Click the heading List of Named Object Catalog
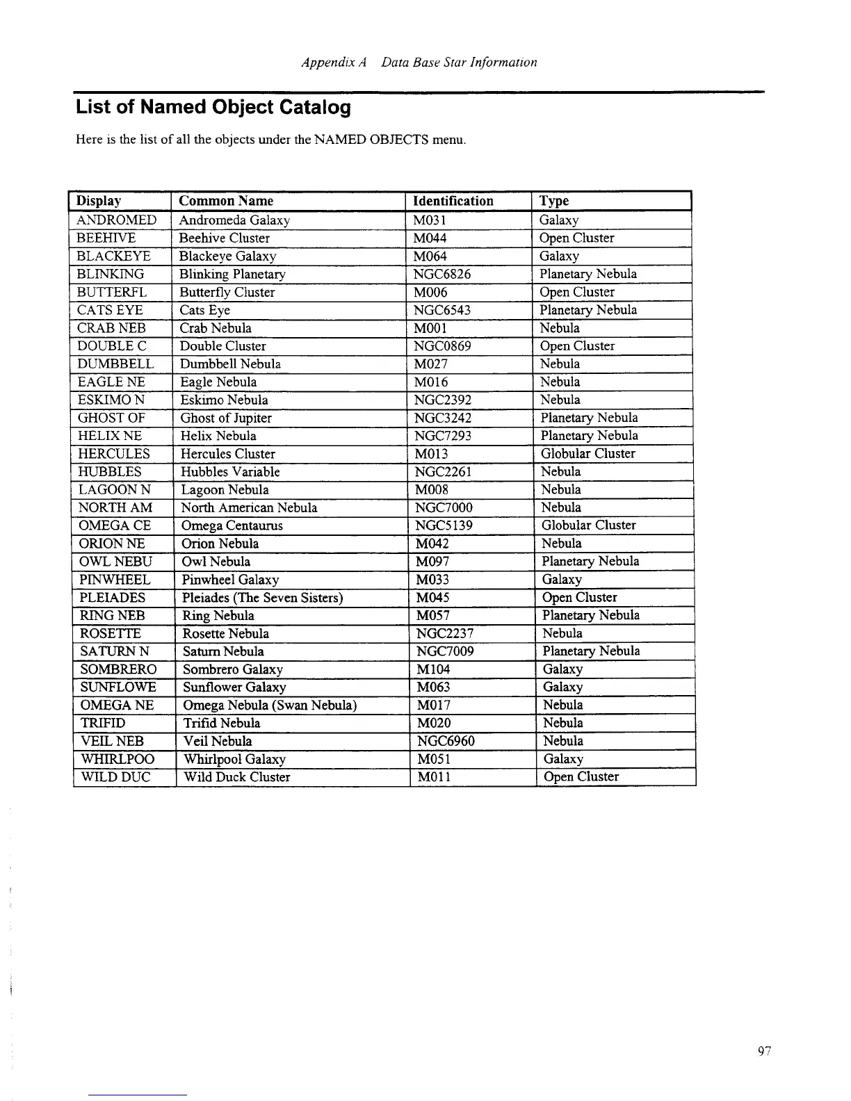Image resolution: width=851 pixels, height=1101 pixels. click(213, 108)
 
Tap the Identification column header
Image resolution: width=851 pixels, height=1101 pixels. click(453, 201)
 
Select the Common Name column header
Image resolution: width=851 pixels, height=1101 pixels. click(226, 201)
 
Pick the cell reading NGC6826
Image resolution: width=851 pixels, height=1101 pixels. click(442, 274)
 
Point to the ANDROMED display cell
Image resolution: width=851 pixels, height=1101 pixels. click(117, 220)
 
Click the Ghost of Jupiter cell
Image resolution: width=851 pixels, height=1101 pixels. click(226, 418)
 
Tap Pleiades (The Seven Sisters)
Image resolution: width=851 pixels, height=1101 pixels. click(262, 598)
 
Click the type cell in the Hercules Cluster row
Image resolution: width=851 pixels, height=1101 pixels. click(588, 454)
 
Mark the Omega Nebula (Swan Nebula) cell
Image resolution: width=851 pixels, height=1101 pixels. click(270, 706)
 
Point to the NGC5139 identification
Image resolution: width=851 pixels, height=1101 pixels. click(444, 525)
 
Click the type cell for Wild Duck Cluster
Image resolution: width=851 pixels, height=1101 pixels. click(581, 777)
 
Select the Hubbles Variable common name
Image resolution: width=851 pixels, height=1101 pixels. click(230, 472)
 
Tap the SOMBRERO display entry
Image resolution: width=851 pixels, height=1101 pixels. click(118, 669)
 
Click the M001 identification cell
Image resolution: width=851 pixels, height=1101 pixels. click(430, 328)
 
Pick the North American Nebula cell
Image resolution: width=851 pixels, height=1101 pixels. click(249, 508)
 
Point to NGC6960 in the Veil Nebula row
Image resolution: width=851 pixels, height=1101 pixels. click(445, 741)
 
